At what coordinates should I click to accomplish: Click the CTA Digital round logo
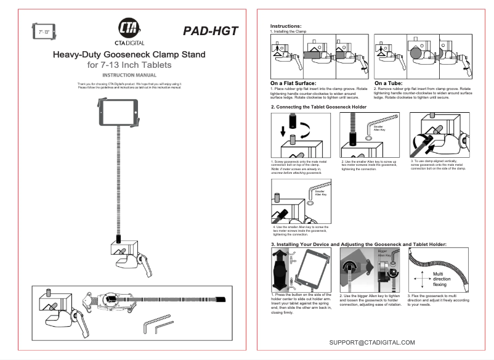(x=129, y=29)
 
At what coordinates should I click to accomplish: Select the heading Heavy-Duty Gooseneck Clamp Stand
(x=129, y=54)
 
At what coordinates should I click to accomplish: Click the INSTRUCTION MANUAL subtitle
(x=129, y=75)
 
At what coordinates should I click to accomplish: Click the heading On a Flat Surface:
(x=293, y=83)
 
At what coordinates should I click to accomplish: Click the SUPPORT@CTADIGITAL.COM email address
(x=372, y=342)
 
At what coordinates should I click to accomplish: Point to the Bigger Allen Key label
(x=383, y=253)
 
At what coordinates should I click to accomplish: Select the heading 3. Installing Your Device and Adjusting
(x=358, y=245)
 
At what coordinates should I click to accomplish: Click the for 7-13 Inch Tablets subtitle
(x=129, y=65)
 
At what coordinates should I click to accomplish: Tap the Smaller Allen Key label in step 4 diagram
(x=320, y=193)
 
